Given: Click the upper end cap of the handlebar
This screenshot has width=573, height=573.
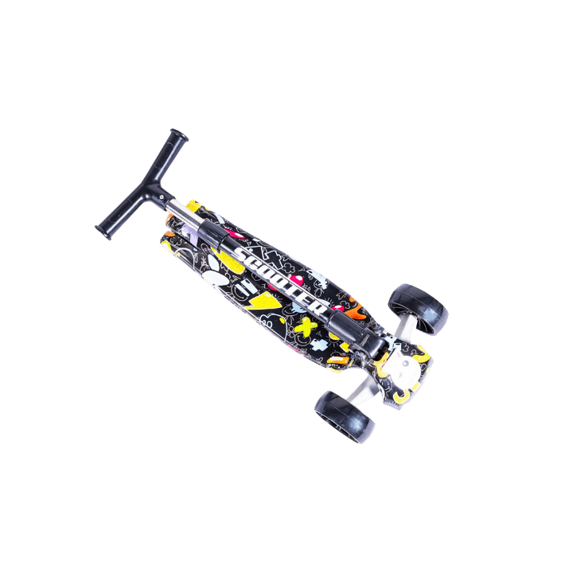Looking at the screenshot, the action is click(179, 134).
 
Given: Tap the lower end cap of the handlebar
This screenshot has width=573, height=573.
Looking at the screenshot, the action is click(103, 232).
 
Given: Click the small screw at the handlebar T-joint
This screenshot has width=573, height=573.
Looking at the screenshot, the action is click(162, 197).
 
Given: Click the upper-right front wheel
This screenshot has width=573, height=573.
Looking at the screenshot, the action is click(418, 309).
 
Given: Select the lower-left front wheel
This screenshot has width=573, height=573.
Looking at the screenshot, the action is click(345, 417).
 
